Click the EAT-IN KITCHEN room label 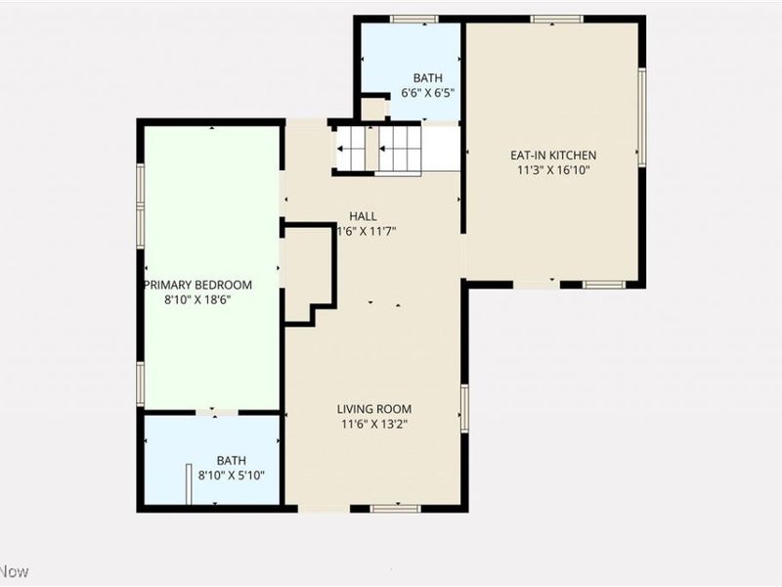553,155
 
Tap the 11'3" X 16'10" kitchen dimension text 553,169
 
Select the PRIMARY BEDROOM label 198,285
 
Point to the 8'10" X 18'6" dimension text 198,300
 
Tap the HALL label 363,216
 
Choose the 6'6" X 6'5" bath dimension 427,94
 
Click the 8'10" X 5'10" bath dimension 232,475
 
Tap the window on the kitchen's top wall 557,19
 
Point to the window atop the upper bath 413,19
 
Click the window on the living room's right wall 464,408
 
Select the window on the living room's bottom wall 395,508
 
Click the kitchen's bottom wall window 603,284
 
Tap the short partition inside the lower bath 186,484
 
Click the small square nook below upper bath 373,108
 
